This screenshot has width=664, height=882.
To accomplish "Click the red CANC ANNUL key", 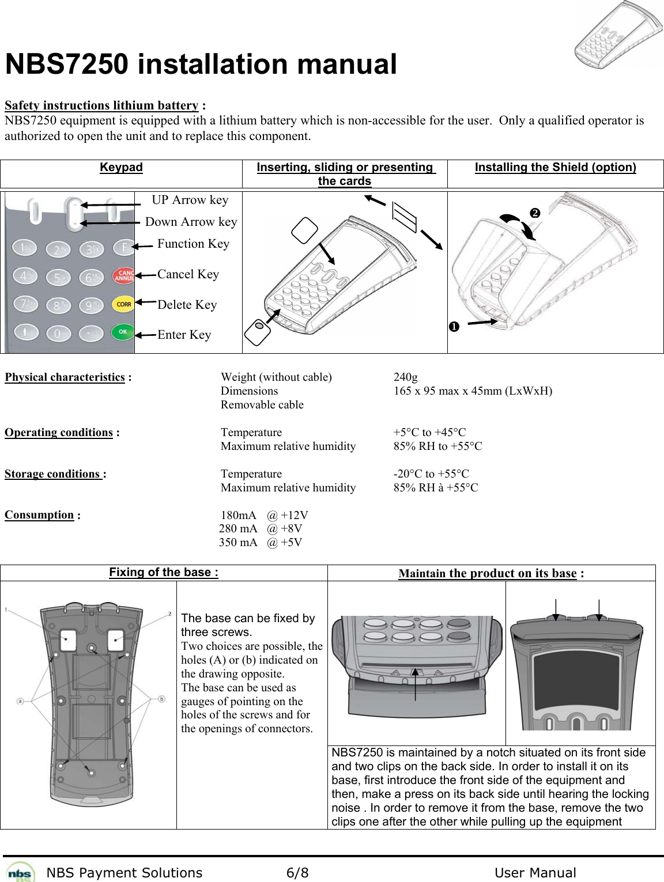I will tap(123, 275).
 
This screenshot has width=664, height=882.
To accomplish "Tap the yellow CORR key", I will tap(123, 304).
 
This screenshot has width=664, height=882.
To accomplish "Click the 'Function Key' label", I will tap(193, 244).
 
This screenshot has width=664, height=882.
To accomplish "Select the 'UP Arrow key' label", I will tap(190, 200).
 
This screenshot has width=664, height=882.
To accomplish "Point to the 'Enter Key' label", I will tap(184, 335).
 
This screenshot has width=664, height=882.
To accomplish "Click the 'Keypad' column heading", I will tap(121, 167).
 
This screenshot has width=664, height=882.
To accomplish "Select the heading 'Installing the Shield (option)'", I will tap(555, 167).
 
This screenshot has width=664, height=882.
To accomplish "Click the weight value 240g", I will tap(405, 377).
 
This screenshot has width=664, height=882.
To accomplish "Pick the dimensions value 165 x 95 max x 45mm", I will tap(472, 391).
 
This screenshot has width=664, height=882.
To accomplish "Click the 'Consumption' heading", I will tap(39, 514).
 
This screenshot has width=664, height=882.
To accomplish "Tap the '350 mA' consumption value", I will tap(238, 542).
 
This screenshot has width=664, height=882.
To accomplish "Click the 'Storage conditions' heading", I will tap(53, 474).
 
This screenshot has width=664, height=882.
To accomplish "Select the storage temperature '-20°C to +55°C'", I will tap(431, 474).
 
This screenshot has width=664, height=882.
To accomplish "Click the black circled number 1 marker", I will tap(454, 327).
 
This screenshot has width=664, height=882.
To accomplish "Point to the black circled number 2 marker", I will tap(535, 213).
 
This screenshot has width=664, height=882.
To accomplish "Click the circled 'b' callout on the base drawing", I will tap(161, 699).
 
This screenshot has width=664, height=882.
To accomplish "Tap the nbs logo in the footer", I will tap(20, 872).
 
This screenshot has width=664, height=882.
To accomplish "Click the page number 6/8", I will tap(297, 873).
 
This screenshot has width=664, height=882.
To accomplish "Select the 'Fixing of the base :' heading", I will tap(164, 572).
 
